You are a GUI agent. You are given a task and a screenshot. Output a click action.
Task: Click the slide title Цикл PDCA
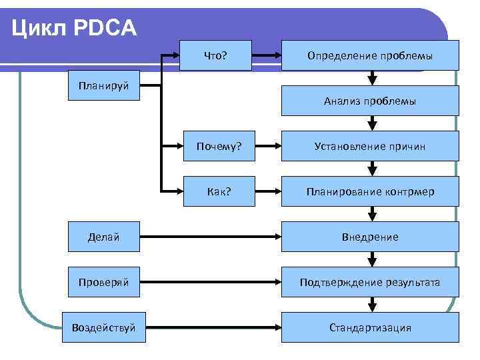(73, 28)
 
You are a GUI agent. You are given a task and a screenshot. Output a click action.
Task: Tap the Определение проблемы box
(370, 55)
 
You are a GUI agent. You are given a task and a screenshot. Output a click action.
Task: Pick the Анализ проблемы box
(370, 101)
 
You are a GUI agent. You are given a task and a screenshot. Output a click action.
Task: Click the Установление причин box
(370, 146)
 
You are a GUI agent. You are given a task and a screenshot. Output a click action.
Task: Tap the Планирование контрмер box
(370, 191)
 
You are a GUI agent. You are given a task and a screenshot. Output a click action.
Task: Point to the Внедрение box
(370, 237)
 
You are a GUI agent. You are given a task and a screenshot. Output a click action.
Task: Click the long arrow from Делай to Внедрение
(213, 237)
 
